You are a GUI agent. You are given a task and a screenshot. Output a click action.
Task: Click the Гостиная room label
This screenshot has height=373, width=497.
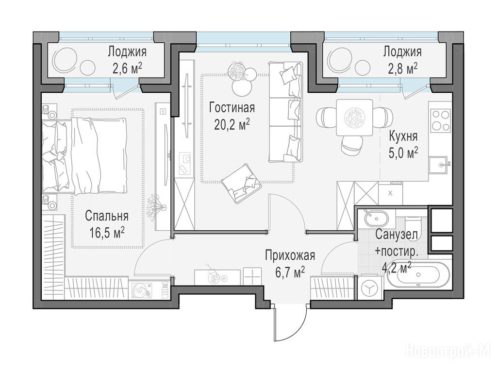(x=232, y=108)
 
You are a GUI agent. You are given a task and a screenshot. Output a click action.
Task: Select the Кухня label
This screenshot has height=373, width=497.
(x=403, y=136)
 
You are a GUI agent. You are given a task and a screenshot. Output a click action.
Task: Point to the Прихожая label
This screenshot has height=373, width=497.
(x=290, y=255)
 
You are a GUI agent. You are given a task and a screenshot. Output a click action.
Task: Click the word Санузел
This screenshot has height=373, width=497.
(x=397, y=235)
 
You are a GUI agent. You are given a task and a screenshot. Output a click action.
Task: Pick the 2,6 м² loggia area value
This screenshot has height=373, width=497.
(x=127, y=68)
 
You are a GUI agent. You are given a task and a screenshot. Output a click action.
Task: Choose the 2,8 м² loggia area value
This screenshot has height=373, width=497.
(x=402, y=68)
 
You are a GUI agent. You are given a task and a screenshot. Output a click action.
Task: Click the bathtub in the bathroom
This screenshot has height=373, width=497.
(x=419, y=275)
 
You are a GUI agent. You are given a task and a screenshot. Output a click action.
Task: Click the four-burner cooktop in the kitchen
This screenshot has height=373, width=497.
(x=441, y=120)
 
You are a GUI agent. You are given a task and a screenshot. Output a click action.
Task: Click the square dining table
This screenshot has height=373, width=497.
(x=354, y=118)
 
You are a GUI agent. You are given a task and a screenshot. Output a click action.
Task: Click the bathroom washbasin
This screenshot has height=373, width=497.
(x=376, y=219)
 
